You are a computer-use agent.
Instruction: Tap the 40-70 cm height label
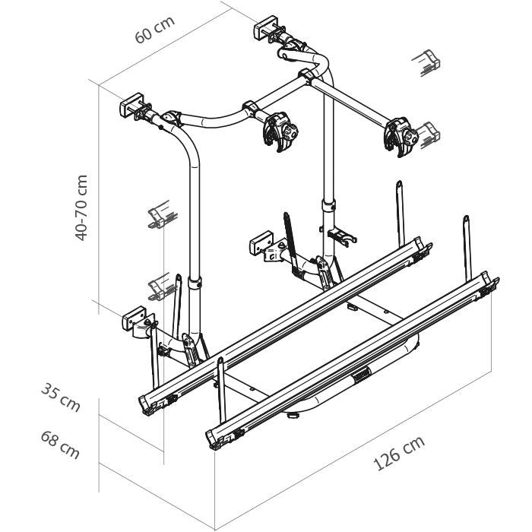[82, 207]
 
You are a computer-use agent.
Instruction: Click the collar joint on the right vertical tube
[328, 206]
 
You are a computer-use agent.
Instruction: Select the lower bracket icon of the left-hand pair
[158, 286]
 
